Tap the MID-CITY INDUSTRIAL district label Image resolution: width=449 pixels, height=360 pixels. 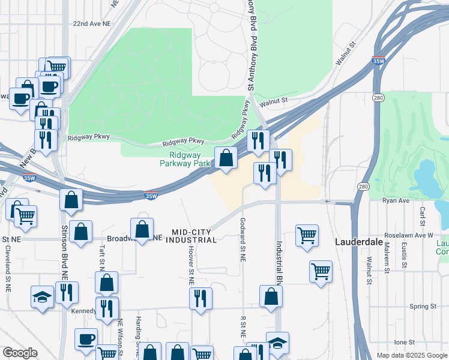pos(194,236)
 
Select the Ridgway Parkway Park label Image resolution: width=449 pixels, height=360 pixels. pos(185,158)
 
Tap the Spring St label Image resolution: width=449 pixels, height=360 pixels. pos(422,307)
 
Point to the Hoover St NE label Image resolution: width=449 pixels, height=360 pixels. pos(191,265)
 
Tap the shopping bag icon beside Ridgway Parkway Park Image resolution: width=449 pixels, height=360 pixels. pos(226,159)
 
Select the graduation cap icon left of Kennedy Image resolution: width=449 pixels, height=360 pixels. pos(43,297)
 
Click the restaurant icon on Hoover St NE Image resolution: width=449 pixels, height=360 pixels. pos(200,299)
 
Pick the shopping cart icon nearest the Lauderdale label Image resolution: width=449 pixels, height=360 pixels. pos(321,272)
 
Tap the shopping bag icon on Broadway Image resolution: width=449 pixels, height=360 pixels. pos(142,230)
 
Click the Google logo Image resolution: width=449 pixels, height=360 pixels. pos(20,353)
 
